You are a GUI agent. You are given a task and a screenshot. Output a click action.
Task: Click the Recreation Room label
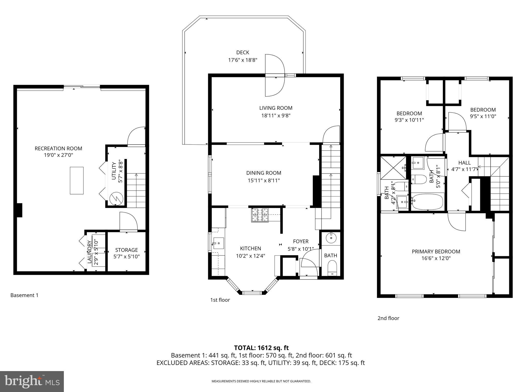pyautogui.click(x=58, y=148)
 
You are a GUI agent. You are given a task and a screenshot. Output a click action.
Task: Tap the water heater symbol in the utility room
pyautogui.click(x=116, y=198)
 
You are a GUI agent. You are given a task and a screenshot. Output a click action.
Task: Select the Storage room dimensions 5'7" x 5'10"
pyautogui.click(x=126, y=256)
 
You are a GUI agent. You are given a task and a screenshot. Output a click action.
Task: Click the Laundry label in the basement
pyautogui.click(x=89, y=252)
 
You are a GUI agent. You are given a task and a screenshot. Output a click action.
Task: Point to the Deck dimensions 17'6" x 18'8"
pyautogui.click(x=242, y=60)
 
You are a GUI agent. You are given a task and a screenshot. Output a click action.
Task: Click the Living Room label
pyautogui.click(x=276, y=108)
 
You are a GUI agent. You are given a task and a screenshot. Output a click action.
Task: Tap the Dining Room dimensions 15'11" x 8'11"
pyautogui.click(x=264, y=180)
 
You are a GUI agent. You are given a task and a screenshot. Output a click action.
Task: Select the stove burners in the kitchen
pyautogui.click(x=260, y=215)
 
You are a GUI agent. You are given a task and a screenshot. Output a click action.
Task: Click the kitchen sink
pyautogui.click(x=218, y=243)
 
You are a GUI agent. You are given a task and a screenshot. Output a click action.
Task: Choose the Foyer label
pyautogui.click(x=301, y=241)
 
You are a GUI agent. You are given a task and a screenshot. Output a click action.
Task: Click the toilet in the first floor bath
pyautogui.click(x=332, y=268)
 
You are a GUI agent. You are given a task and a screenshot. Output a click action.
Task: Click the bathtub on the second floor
pyautogui.click(x=428, y=201)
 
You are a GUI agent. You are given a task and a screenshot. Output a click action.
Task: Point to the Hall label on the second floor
pyautogui.click(x=464, y=163)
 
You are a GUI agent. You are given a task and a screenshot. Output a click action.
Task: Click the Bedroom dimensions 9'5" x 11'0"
pyautogui.click(x=483, y=116)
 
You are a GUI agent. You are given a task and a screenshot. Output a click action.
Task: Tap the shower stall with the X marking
pyautogui.click(x=393, y=168)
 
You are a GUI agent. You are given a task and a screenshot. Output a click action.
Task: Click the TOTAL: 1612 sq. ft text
pyautogui.click(x=261, y=348)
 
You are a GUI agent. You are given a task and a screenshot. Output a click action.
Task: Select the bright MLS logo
pyautogui.click(x=32, y=381)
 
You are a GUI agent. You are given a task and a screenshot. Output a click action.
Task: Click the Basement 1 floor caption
pyautogui.click(x=24, y=295)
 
